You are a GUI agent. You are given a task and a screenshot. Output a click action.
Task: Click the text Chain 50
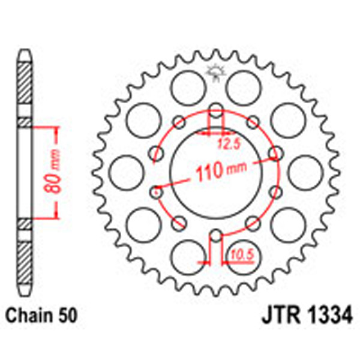[x=41, y=314]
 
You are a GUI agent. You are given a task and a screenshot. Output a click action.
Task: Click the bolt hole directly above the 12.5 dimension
[x=216, y=110]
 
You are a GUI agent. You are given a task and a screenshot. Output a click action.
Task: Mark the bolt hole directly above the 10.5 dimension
[x=216, y=234]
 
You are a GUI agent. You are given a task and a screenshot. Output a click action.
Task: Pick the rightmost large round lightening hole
[x=302, y=171]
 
